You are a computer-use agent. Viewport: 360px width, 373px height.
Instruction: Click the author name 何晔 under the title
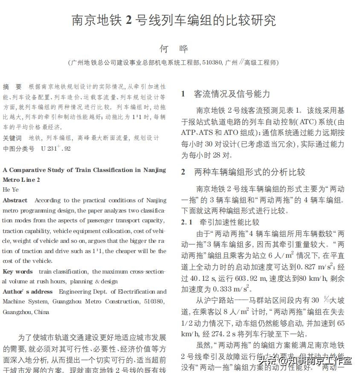coord(174,48)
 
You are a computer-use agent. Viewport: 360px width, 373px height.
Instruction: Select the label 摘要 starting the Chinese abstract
coord(12,87)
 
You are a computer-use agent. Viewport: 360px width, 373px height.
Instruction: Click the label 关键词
coord(12,138)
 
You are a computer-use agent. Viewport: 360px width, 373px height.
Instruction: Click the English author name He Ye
coord(11,189)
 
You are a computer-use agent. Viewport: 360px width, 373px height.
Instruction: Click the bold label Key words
coord(17,271)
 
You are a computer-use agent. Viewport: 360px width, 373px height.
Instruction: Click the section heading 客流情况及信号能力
coord(232,94)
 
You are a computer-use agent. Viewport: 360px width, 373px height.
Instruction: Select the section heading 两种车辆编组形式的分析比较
coord(250,172)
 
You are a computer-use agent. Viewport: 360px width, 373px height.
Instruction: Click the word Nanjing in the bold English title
coord(154,170)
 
